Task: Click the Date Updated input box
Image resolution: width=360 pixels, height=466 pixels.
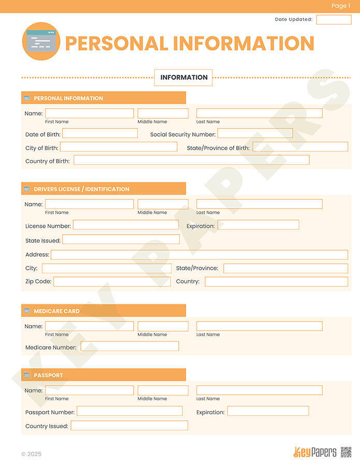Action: click(334, 20)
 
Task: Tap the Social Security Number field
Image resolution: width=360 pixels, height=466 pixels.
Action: click(255, 134)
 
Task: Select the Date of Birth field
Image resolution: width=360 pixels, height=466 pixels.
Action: click(99, 134)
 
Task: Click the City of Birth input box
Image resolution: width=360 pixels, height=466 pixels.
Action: click(118, 147)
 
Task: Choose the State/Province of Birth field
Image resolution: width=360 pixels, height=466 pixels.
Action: click(300, 147)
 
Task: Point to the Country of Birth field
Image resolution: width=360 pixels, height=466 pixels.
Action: click(191, 160)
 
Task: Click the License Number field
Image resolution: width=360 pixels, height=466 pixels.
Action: click(125, 225)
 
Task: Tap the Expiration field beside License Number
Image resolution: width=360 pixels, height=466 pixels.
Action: click(258, 225)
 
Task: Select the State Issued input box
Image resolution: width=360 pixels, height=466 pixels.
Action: click(121, 239)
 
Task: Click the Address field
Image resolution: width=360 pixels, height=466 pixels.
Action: click(199, 255)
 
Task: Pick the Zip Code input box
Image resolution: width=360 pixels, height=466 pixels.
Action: click(111, 282)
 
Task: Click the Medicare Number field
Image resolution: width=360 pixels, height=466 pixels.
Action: click(129, 346)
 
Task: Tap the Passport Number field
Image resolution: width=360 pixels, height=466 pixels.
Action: click(129, 411)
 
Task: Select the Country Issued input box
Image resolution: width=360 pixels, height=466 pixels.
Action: click(129, 426)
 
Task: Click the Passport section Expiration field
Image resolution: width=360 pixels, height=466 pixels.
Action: click(268, 411)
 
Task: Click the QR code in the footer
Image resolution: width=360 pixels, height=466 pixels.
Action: click(346, 452)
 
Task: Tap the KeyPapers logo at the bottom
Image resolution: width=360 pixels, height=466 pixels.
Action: click(315, 452)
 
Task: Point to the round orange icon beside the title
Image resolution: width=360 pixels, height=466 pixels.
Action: click(41, 41)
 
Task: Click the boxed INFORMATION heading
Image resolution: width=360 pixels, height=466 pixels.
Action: click(183, 78)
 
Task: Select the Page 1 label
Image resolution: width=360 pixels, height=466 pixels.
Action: click(341, 6)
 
